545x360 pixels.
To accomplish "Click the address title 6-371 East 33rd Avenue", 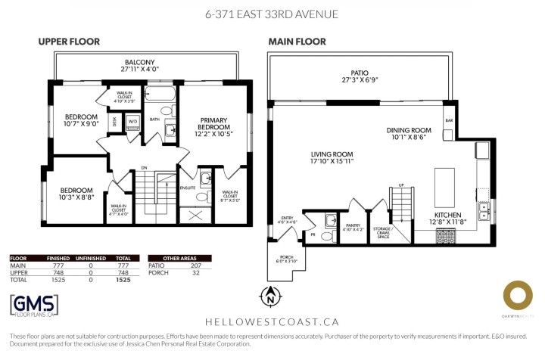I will (x=272, y=14).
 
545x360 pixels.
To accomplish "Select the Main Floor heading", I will (x=297, y=42).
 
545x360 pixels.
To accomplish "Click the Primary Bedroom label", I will (x=214, y=123).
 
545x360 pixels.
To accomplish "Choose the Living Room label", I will (x=332, y=157).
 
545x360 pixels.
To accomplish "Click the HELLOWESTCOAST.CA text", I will (x=272, y=321).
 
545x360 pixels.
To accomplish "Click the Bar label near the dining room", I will (x=448, y=120).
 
